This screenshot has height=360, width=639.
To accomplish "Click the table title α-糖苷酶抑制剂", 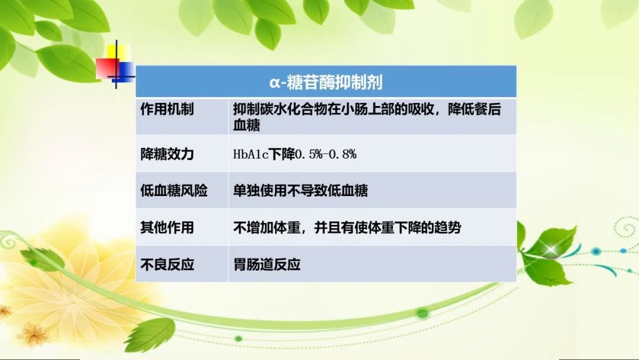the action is [x=326, y=82].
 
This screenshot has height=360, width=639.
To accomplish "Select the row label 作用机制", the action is [x=167, y=110].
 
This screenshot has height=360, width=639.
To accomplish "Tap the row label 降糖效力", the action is [x=167, y=154].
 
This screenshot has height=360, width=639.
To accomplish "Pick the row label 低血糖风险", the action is [x=174, y=191].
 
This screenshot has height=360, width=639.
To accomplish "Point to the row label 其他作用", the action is [x=167, y=227].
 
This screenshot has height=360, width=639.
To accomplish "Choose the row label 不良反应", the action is [x=167, y=265].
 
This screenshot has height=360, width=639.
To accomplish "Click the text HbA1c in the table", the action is [x=251, y=154].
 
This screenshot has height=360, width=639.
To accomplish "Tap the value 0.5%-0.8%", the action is [x=325, y=154].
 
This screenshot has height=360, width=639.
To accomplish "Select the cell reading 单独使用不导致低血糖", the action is [x=301, y=191].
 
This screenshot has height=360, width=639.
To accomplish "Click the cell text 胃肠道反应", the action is [x=267, y=265].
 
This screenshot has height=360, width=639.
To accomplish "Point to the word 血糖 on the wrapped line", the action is [x=247, y=125].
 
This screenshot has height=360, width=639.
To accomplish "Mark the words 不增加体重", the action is [x=266, y=227].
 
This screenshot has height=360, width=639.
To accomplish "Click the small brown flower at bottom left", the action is [x=32, y=335].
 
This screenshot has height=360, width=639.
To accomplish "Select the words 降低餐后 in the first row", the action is [x=475, y=110].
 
